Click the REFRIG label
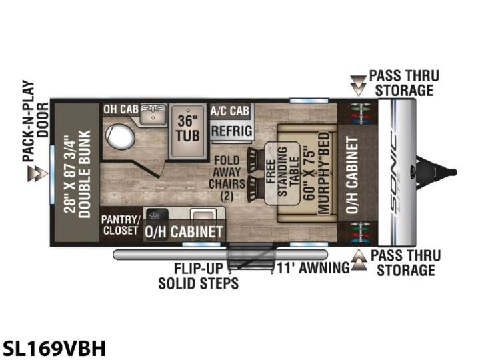[232, 131]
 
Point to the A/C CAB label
[230, 111]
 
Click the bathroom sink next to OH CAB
[153, 114]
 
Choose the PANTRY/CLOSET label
[121, 225]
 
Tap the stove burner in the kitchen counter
[157, 215]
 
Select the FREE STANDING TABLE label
[282, 173]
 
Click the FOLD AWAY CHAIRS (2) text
[227, 178]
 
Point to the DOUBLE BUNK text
[85, 174]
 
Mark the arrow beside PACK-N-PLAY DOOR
[37, 173]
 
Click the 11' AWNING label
[313, 267]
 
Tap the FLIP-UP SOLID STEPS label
[199, 276]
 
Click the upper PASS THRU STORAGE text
[404, 83]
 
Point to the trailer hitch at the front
[436, 172]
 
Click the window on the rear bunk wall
[53, 174]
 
